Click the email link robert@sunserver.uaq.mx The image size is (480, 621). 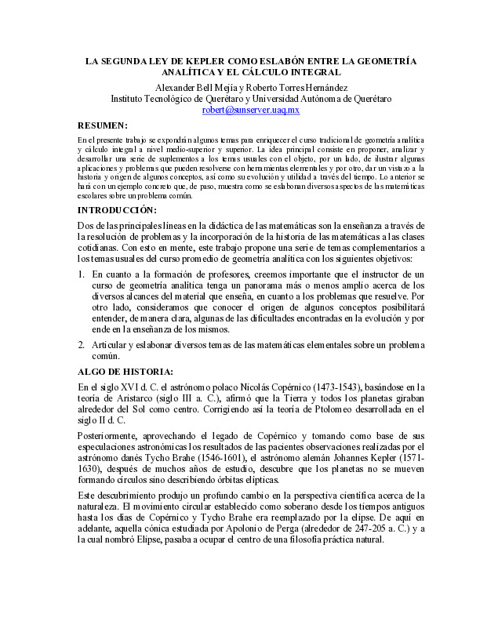tap(250, 111)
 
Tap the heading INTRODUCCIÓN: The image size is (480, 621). tap(117, 211)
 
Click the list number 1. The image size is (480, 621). tap(82, 274)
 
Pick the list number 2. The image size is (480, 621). tap(82, 345)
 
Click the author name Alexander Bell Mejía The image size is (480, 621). tap(194, 88)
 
